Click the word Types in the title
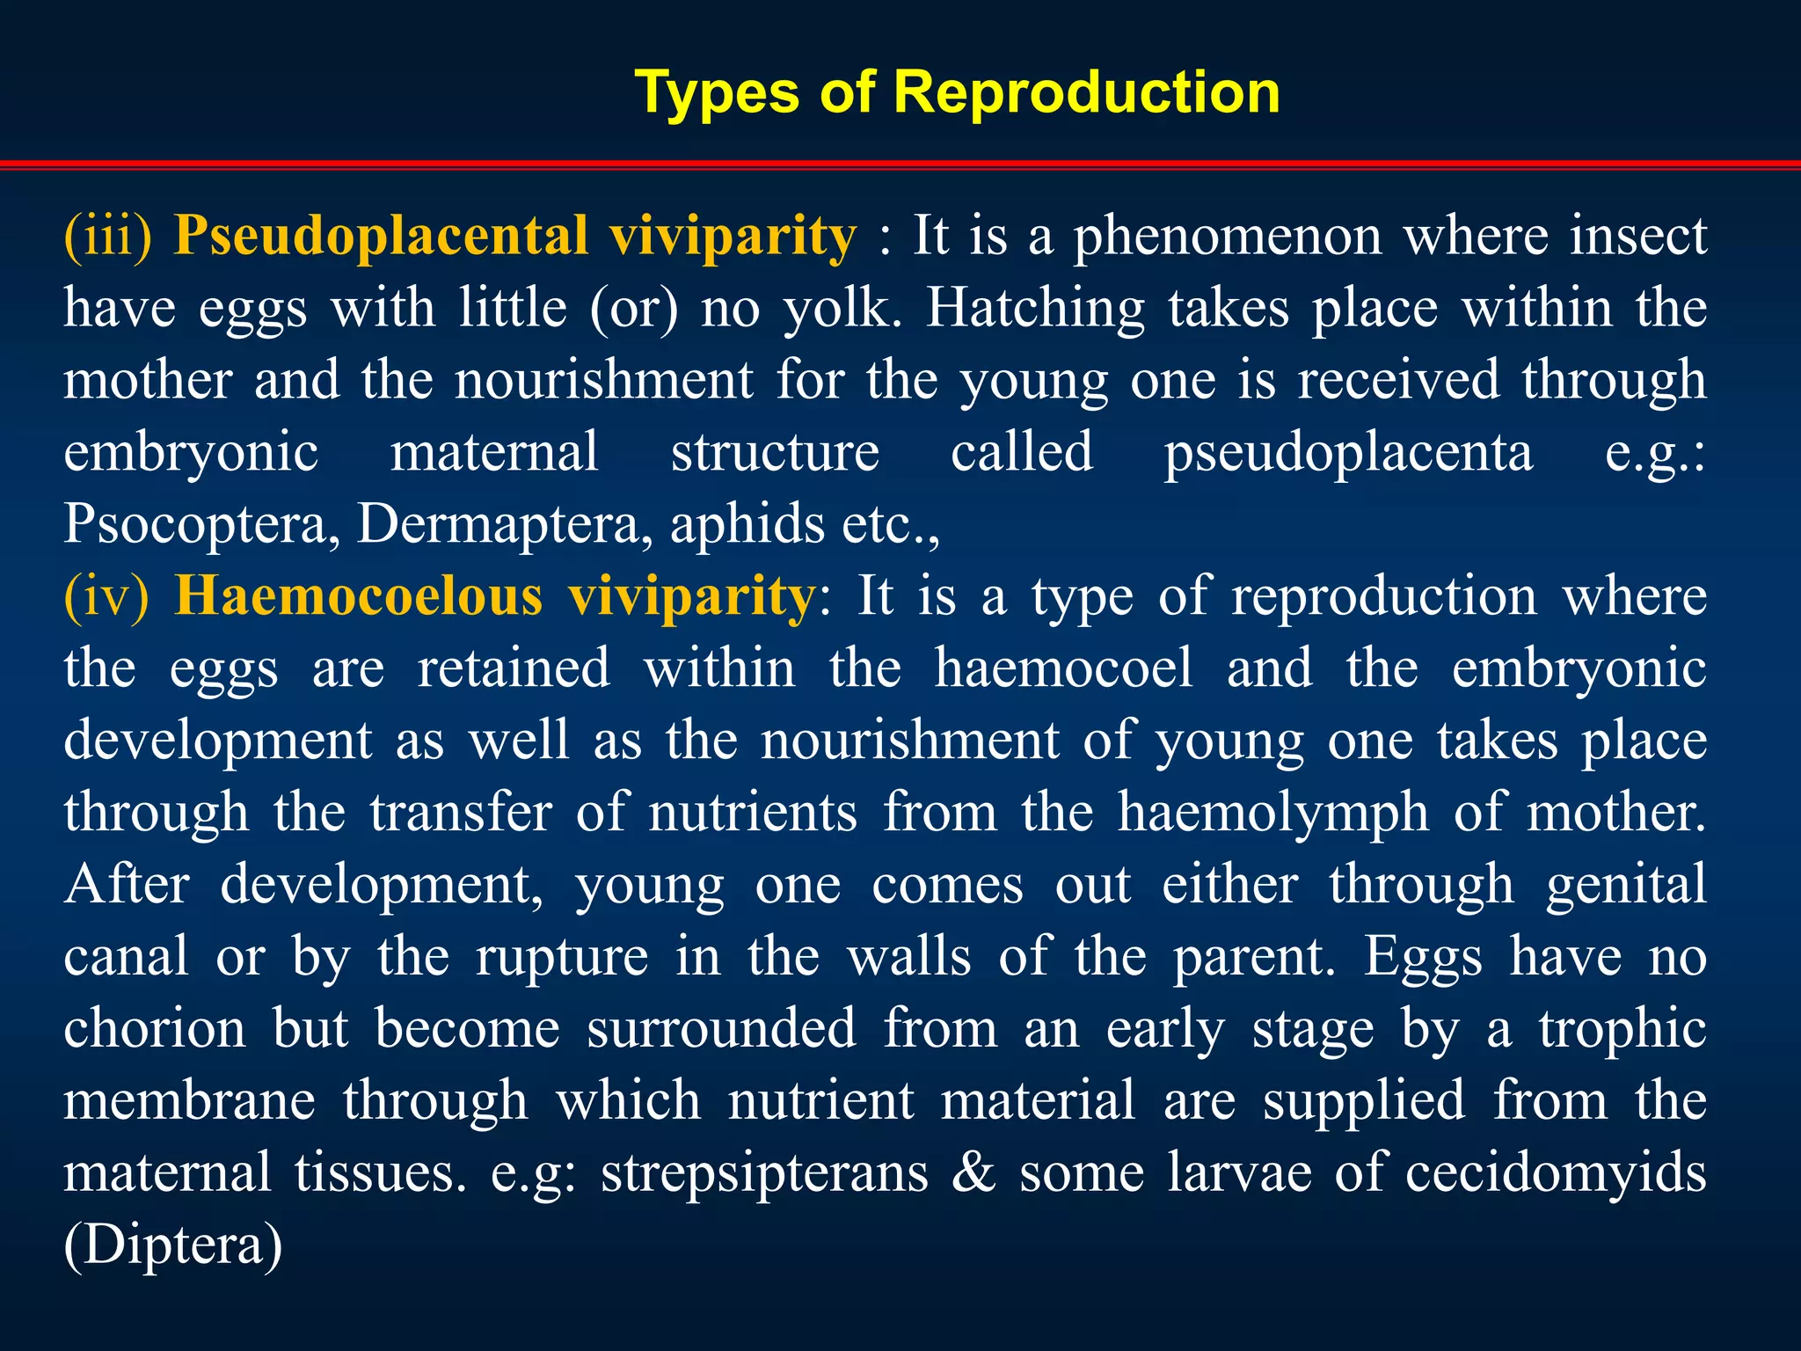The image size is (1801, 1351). [716, 93]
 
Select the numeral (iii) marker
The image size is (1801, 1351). [108, 236]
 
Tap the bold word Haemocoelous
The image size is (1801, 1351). [359, 596]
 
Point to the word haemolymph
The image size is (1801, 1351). [1272, 813]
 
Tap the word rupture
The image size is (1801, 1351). [562, 957]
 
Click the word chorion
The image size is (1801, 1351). [155, 1029]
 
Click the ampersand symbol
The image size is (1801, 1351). [973, 1172]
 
